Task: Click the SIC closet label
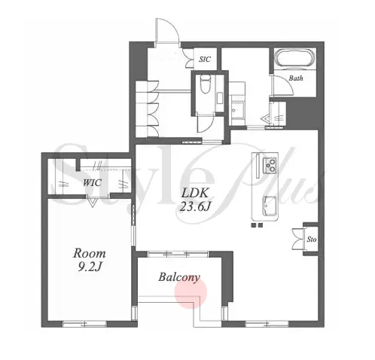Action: pos(205,59)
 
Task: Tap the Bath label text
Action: pos(296,78)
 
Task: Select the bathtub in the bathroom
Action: pos(294,59)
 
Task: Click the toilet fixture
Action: pos(205,84)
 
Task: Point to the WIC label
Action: pos(92,182)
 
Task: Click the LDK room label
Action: pos(195,193)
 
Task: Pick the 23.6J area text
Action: pos(195,207)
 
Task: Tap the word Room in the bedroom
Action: pos(90,254)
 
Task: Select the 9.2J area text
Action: pos(90,267)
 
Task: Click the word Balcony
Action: pos(179,277)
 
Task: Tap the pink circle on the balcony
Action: pos(191,293)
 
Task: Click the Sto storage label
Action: pos(312,239)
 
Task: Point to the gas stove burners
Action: pos(270,164)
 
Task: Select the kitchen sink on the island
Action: pos(270,206)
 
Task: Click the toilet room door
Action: pos(206,123)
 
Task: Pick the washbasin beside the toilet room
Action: pos(237,110)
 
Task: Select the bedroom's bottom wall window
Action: pos(84,324)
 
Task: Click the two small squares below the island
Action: pos(257,225)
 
